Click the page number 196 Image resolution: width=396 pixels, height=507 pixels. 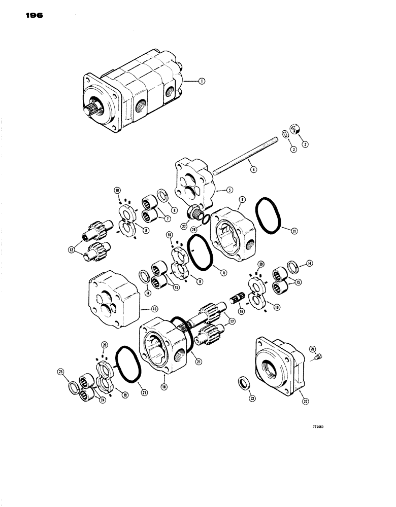coord(32,16)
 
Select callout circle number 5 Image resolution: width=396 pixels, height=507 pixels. coord(230,192)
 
